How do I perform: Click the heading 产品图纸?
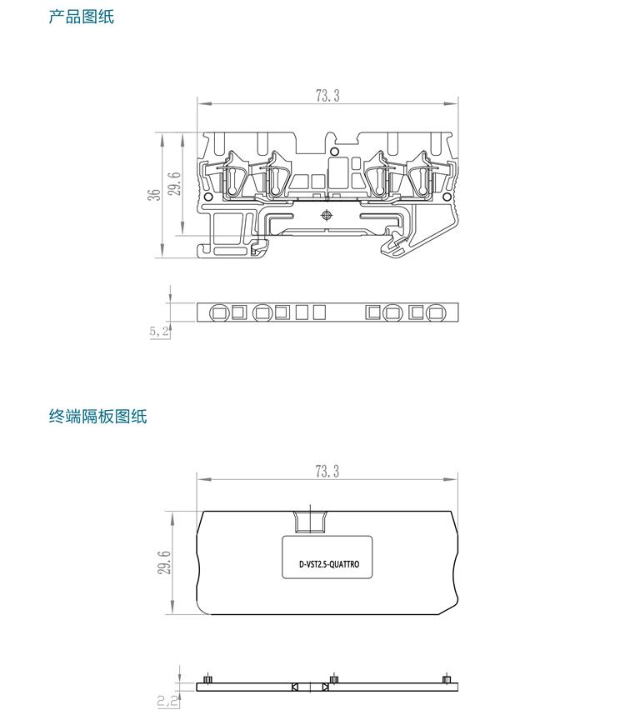coord(81,17)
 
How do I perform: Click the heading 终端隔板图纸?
coord(97,416)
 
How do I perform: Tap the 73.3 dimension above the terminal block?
coord(327,96)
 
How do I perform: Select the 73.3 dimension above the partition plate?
coord(327,472)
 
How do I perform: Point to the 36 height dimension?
coord(155,194)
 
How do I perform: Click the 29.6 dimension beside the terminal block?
coord(174,183)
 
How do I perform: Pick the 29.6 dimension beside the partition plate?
coord(164,562)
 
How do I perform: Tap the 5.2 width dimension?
coord(159,331)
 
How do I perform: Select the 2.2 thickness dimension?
coord(167,701)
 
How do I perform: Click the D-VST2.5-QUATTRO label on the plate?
coord(328,564)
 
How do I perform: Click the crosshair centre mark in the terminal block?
coord(326,215)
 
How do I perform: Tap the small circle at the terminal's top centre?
coord(335,151)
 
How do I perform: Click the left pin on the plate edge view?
coord(207,680)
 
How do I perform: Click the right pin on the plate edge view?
coord(447,680)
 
